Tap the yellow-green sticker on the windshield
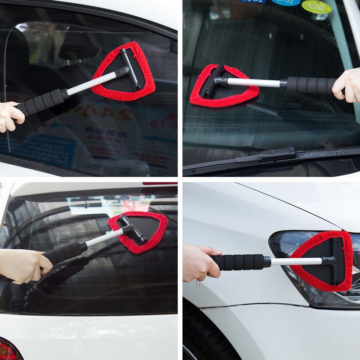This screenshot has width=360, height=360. (x=316, y=6)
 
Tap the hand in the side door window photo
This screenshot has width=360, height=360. (x=10, y=116)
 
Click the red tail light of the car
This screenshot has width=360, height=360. (x=8, y=350)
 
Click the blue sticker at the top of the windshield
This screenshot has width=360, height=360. (x=285, y=2)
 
